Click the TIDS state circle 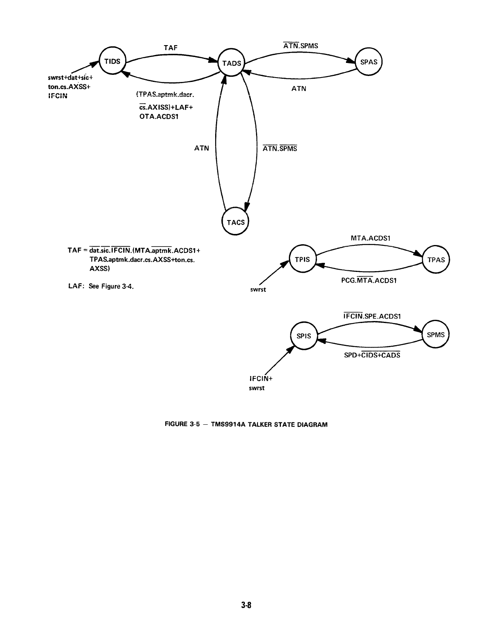click(x=112, y=61)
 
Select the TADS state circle click(x=232, y=63)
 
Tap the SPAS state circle click(x=369, y=62)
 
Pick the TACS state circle click(x=235, y=222)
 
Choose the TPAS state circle click(x=436, y=260)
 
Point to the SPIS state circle click(x=304, y=336)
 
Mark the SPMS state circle click(x=436, y=335)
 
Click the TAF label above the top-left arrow click(x=171, y=47)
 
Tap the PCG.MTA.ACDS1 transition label click(x=369, y=280)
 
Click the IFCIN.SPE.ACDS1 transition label click(x=372, y=316)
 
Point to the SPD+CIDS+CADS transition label click(x=372, y=355)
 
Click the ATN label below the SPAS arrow click(x=299, y=89)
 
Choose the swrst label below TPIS click(x=258, y=290)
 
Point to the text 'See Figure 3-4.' click(x=111, y=286)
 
